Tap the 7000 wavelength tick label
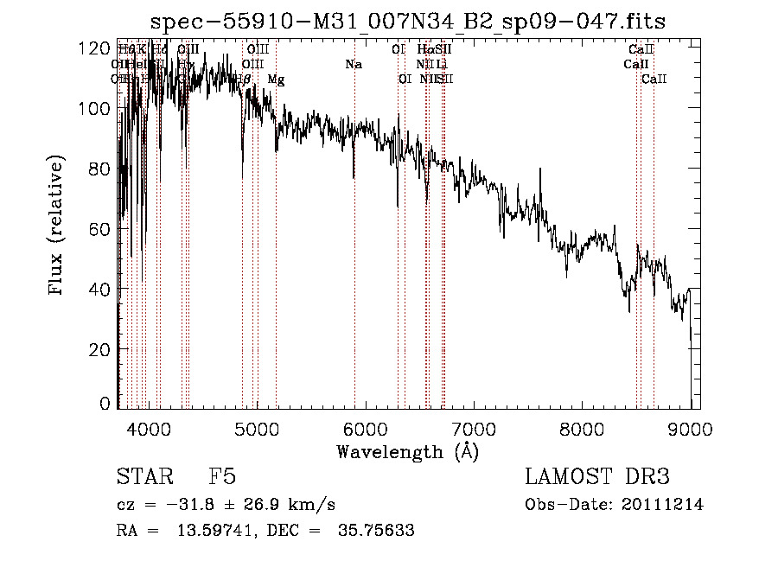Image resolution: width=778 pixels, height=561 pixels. (474, 427)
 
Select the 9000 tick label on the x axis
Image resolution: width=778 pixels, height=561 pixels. (690, 427)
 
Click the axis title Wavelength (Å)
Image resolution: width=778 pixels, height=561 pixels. (407, 451)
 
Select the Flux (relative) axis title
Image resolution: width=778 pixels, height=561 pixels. (58, 226)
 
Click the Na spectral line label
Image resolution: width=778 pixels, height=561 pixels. (353, 64)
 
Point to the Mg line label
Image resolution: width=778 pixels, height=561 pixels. (276, 80)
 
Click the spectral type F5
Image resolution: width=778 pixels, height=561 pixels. (223, 477)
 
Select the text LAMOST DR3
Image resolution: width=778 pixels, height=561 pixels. (596, 477)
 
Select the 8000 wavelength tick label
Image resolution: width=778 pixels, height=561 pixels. (582, 427)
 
